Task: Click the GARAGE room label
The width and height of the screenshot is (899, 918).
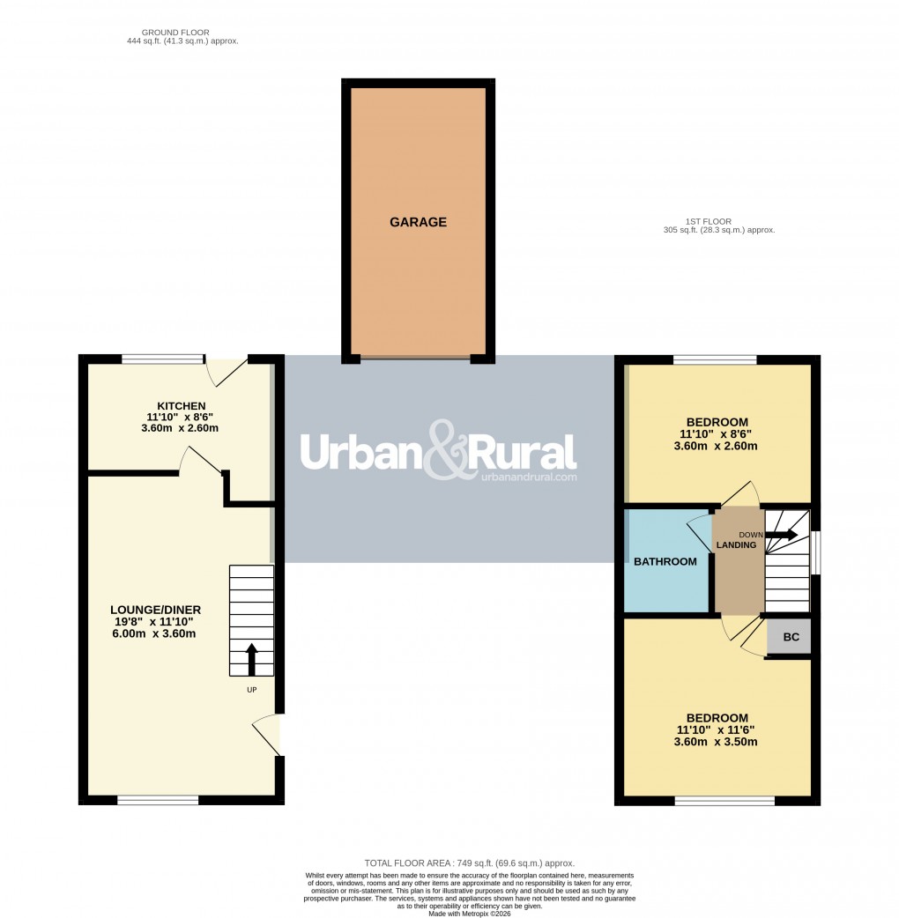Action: click(418, 223)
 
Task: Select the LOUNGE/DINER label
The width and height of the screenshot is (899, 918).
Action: click(156, 610)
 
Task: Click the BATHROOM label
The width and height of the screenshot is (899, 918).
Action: click(665, 561)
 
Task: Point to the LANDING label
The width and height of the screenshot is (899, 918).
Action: click(736, 545)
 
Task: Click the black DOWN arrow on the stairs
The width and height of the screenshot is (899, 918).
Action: click(782, 535)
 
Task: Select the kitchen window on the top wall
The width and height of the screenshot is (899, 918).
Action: click(162, 359)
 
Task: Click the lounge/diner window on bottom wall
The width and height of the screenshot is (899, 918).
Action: click(158, 800)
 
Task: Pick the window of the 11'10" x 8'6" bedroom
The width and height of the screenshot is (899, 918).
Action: click(715, 359)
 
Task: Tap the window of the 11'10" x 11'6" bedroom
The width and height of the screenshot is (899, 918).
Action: click(724, 801)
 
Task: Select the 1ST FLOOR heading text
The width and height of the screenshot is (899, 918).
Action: click(709, 221)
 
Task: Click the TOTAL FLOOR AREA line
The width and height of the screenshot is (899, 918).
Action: click(469, 862)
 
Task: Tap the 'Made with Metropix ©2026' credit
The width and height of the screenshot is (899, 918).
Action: click(469, 914)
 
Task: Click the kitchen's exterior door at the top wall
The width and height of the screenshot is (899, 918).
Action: click(226, 370)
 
